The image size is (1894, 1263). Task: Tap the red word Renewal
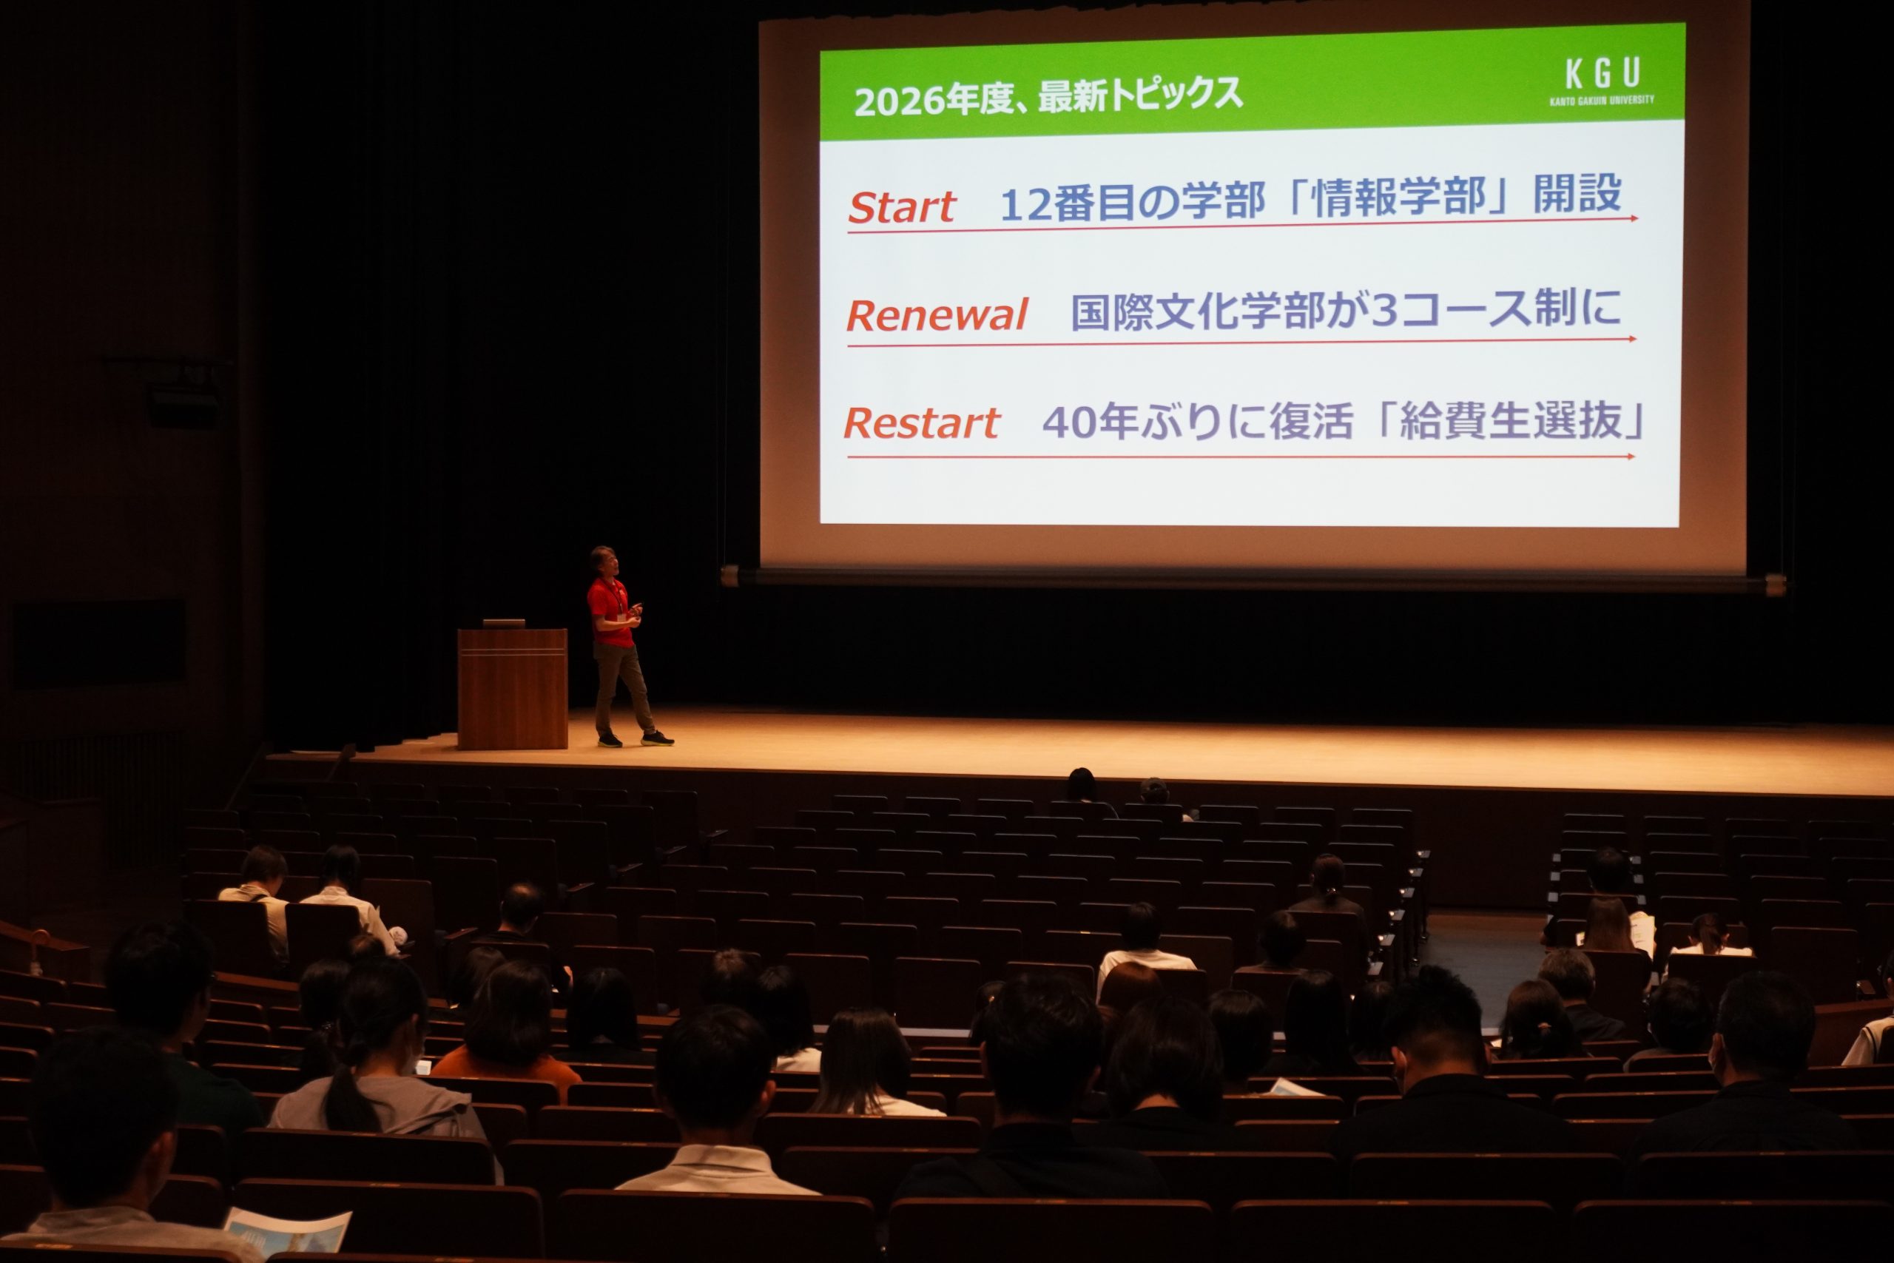tap(937, 314)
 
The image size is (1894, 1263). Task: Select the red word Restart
tap(922, 423)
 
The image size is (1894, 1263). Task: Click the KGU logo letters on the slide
tap(1603, 74)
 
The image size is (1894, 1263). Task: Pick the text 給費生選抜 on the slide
tap(1511, 420)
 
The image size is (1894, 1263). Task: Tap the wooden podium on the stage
tap(512, 689)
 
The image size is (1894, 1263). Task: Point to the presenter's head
tap(603, 562)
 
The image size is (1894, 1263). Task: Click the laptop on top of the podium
tap(503, 624)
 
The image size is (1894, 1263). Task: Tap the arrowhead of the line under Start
tap(1634, 218)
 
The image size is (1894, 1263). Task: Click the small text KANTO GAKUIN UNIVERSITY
tap(1602, 101)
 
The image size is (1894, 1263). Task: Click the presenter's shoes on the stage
tap(636, 738)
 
